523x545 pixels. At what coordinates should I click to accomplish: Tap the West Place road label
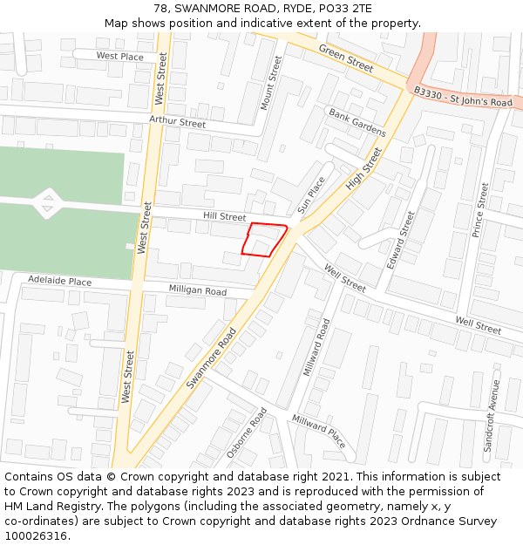(119, 57)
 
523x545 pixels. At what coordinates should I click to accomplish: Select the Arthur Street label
(177, 122)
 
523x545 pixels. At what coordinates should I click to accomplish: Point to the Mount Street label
(271, 83)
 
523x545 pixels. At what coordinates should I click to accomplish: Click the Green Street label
(345, 58)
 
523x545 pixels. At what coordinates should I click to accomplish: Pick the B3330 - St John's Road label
(463, 97)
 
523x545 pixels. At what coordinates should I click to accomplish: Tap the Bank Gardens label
(357, 124)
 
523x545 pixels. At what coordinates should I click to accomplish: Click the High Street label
(363, 169)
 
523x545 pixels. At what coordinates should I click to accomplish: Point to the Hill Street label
(225, 215)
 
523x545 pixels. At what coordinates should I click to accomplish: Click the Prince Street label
(480, 209)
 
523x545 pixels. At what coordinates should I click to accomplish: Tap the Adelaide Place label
(59, 282)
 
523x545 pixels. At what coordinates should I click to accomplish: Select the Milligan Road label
(197, 291)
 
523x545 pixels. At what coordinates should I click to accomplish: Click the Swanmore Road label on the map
(211, 358)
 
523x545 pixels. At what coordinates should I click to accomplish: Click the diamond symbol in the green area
(47, 204)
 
